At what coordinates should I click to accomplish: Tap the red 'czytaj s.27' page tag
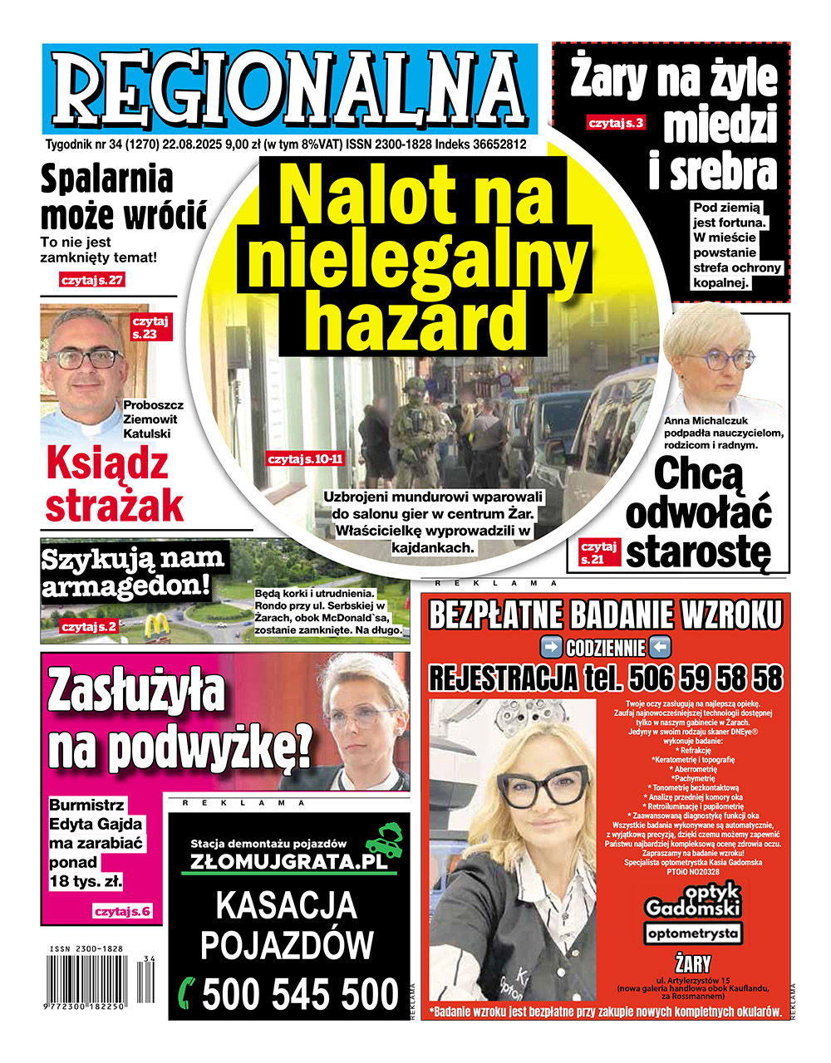(91, 280)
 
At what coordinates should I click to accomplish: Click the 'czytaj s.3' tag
(616, 124)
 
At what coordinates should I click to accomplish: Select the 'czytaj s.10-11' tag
(305, 458)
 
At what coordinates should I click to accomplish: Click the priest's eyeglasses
(86, 359)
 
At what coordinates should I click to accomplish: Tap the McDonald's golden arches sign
(155, 625)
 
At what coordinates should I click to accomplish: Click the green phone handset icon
(188, 992)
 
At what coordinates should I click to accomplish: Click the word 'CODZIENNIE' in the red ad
(605, 648)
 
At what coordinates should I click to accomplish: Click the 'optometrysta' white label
(692, 933)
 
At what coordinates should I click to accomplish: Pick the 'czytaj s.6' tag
(122, 911)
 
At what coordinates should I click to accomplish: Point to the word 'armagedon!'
(125, 587)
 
